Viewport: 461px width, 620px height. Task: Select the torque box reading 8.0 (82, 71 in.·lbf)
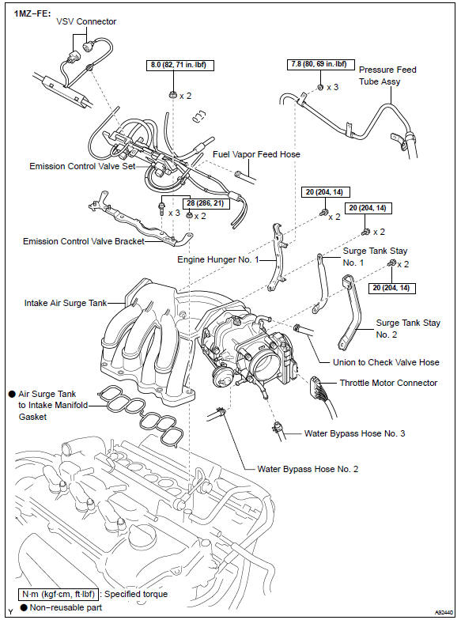[x=181, y=65]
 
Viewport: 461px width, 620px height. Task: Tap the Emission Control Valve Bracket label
[x=84, y=242]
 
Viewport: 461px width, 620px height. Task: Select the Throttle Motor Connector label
[x=388, y=383]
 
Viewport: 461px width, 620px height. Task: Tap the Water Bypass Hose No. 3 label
[x=355, y=433]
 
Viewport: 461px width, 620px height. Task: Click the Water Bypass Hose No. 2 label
[x=308, y=469]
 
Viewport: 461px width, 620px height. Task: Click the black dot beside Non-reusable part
[x=24, y=607]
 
